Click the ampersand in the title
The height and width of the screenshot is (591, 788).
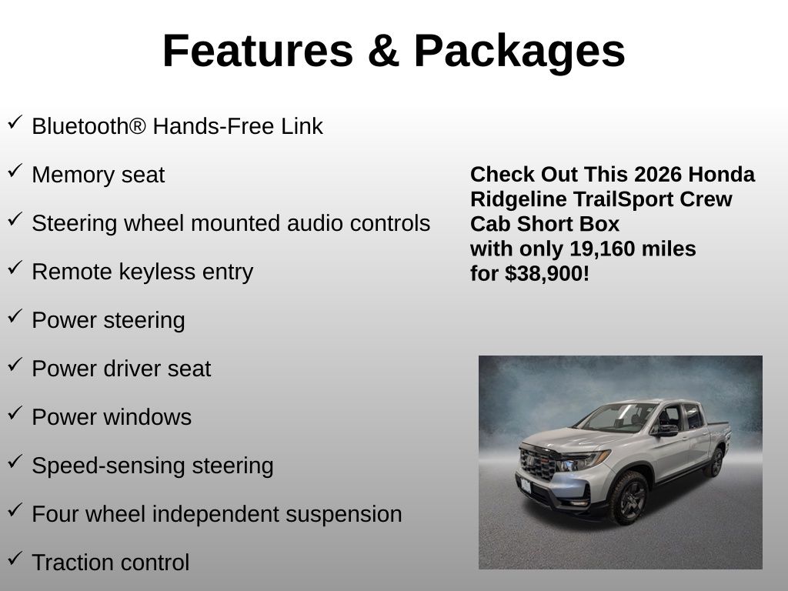[x=383, y=51]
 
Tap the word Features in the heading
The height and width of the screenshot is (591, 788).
[x=259, y=50]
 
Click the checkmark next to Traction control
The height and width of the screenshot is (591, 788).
[x=15, y=558]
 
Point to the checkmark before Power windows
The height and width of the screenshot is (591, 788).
[x=15, y=412]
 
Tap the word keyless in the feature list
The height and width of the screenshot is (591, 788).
[x=157, y=272]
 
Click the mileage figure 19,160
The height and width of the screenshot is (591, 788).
[x=595, y=249]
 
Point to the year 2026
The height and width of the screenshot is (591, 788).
[x=658, y=175]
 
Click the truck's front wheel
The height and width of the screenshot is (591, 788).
[x=629, y=498]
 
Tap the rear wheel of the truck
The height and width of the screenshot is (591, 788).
[x=714, y=462]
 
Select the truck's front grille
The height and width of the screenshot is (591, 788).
[x=538, y=464]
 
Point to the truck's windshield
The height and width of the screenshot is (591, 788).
[x=616, y=417]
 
